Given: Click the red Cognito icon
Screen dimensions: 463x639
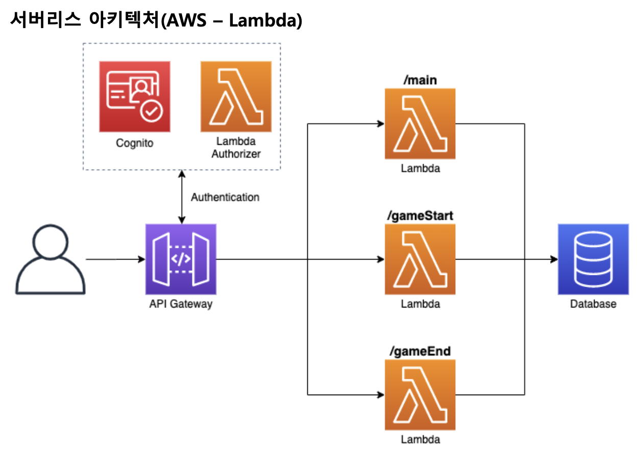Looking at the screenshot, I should [x=135, y=96].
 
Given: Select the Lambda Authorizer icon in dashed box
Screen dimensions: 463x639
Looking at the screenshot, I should [x=236, y=96].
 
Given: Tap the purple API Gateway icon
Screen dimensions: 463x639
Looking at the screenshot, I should [x=181, y=259].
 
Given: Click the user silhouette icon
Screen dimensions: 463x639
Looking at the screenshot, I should [x=50, y=260].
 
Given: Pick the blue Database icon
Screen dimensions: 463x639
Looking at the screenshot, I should [x=593, y=259].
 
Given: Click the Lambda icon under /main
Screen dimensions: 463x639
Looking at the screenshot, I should [x=420, y=124].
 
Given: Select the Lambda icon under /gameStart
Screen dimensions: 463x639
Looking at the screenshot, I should [x=420, y=259].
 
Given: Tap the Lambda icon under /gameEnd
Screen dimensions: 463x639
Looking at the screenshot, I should [x=420, y=394].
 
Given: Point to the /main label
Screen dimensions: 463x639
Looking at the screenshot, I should [x=420, y=80].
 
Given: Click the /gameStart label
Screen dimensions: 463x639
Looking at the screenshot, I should [x=420, y=216].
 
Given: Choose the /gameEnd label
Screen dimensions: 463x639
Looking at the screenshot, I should [x=420, y=351].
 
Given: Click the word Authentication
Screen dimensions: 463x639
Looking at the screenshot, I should [x=225, y=197].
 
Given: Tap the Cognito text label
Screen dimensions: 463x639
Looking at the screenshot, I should [x=135, y=143].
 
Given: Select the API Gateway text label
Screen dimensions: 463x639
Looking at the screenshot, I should [x=181, y=304].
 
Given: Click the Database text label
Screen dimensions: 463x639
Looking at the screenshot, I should [x=593, y=304].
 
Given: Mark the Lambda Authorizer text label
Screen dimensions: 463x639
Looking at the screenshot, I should [x=236, y=147].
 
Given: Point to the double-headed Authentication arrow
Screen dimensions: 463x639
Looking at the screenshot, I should [x=181, y=197].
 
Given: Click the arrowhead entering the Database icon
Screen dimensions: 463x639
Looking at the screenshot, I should [x=553, y=260].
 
